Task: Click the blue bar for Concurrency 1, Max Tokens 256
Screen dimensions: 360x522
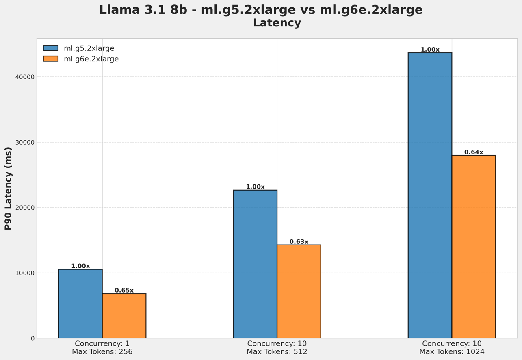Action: tap(80, 304)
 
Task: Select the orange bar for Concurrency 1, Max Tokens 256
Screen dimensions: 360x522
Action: tap(124, 316)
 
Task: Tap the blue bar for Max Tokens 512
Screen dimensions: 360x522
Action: tap(255, 264)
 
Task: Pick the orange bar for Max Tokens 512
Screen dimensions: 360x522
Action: tap(299, 291)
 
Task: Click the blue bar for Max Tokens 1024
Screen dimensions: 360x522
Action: tap(430, 195)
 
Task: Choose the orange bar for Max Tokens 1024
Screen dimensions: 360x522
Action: tap(474, 247)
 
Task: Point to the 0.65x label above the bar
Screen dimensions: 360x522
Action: tap(124, 291)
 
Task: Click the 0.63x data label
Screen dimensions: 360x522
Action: tap(299, 242)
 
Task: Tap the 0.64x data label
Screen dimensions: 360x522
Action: tap(474, 152)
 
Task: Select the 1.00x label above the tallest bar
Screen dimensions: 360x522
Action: tap(430, 50)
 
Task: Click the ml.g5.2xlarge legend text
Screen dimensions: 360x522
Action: tap(89, 48)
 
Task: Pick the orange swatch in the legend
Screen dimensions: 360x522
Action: tap(51, 59)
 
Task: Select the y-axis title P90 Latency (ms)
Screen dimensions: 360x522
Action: tap(8, 189)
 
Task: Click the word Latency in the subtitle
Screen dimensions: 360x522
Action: tap(277, 23)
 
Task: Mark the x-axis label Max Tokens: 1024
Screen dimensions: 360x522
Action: tap(452, 352)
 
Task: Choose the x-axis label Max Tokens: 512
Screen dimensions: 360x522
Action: tap(277, 352)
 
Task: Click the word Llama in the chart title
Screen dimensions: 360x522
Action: tap(117, 10)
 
